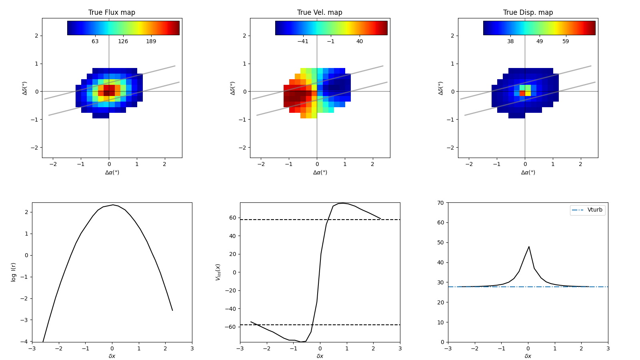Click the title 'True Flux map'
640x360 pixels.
point(112,12)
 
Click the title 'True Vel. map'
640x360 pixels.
point(320,12)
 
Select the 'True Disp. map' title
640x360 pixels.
point(528,12)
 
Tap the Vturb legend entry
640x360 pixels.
point(594,210)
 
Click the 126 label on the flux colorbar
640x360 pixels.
point(123,42)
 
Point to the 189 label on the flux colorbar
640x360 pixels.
point(151,42)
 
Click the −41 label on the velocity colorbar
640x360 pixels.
point(303,42)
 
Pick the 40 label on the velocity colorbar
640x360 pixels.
point(360,42)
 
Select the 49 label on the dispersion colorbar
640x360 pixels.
point(540,42)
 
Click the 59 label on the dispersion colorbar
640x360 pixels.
point(565,42)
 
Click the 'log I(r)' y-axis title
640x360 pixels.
point(14,272)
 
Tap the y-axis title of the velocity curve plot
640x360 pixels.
point(218,272)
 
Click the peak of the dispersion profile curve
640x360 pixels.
point(529,246)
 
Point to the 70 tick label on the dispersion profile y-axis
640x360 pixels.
point(440,203)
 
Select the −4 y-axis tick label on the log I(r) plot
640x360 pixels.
point(25,342)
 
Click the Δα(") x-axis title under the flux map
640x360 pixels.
point(112,172)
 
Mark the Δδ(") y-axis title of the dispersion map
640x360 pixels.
point(440,88)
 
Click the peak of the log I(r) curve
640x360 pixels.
point(113,205)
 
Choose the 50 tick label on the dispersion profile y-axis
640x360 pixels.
point(440,242)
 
